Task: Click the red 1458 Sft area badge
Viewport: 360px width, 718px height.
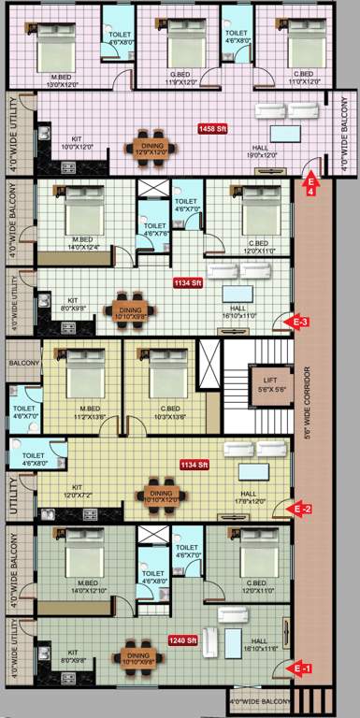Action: pyautogui.click(x=212, y=127)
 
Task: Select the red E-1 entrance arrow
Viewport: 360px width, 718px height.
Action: pyautogui.click(x=299, y=668)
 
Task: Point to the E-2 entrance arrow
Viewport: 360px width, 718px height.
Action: pyautogui.click(x=299, y=509)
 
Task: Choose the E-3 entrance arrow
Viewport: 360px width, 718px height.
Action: pyautogui.click(x=298, y=323)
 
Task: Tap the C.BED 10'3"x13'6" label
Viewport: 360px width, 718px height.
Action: pyautogui.click(x=169, y=412)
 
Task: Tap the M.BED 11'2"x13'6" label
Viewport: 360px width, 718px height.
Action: pyautogui.click(x=89, y=412)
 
